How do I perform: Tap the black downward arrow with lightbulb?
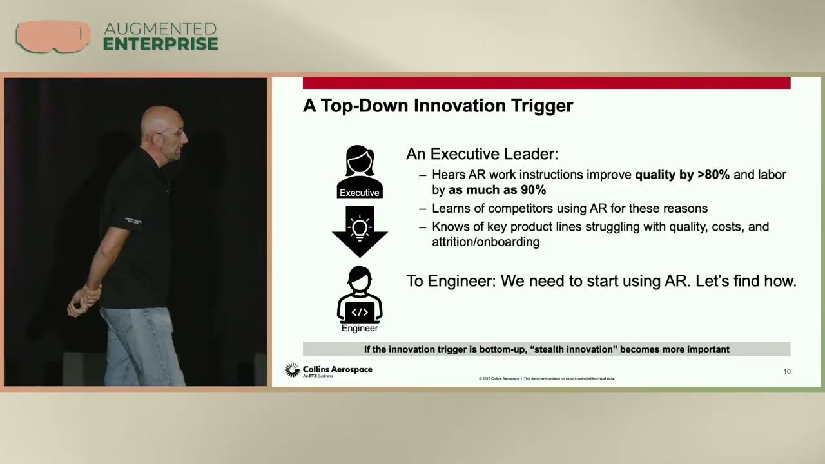360,231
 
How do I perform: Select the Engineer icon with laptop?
360,295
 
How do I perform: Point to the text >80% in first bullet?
713,175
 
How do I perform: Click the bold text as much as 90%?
497,190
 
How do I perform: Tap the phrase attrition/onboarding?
485,242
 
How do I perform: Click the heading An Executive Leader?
481,154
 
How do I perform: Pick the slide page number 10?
786,371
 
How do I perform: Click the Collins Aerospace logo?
329,371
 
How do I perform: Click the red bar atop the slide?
546,83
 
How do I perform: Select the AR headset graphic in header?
53,36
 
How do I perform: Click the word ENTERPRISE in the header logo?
160,44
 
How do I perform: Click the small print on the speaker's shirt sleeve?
133,220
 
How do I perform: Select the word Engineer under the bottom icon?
360,328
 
